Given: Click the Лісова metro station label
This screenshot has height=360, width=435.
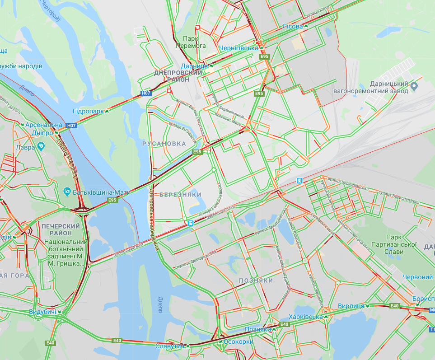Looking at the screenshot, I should (x=292, y=26).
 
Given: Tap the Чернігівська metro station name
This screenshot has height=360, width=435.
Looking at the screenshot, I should (x=238, y=48).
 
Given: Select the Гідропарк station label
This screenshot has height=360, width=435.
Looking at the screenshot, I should (x=88, y=111).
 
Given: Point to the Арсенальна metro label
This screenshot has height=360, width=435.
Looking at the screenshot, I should (x=44, y=125).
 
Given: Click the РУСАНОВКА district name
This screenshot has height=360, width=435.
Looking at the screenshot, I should (x=164, y=143).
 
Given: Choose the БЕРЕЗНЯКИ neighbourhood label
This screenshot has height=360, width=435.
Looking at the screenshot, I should (x=180, y=194).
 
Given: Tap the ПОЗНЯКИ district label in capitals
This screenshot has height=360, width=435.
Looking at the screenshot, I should (x=256, y=281).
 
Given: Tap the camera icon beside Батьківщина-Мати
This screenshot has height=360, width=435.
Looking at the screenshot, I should (x=67, y=192).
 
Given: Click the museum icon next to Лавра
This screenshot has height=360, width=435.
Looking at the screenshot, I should (x=41, y=146).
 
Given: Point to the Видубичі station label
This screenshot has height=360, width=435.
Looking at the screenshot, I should (x=42, y=312).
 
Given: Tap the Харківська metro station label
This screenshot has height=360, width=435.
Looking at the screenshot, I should (x=306, y=317).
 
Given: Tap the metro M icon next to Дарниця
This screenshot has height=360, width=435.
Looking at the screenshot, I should (x=211, y=66).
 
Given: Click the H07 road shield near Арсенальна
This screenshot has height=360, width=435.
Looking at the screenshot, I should (x=71, y=126).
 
